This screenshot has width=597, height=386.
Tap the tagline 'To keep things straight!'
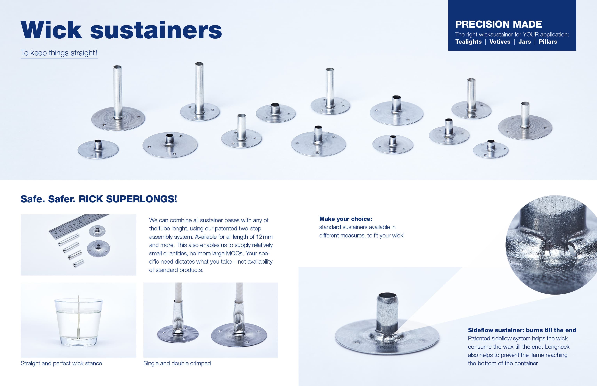click(x=59, y=53)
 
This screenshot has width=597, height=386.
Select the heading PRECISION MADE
click(x=498, y=24)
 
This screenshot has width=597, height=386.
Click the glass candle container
click(x=78, y=322)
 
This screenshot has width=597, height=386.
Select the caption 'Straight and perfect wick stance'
click(x=61, y=363)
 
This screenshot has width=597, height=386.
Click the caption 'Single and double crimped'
click(x=177, y=363)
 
